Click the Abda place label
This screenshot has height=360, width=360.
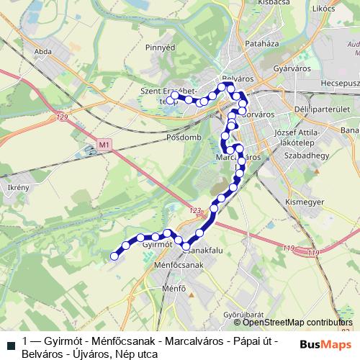pyautogui.click(x=42, y=52)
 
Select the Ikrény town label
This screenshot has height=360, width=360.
pyautogui.click(x=18, y=187)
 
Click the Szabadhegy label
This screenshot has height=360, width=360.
pyautogui.click(x=307, y=156)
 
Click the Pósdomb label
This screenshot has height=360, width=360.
pyautogui.click(x=181, y=137)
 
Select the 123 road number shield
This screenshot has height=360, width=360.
pyautogui.click(x=192, y=210)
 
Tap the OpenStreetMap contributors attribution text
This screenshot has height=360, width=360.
pyautogui.click(x=299, y=323)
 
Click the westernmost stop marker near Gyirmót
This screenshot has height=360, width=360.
pyautogui.click(x=114, y=255)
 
